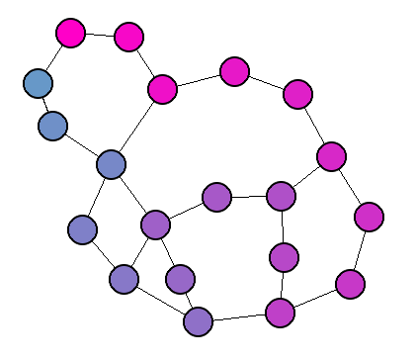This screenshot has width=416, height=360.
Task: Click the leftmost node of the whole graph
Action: point(38,82)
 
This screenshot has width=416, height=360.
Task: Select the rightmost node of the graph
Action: point(369,216)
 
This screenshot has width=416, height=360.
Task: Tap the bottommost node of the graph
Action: point(199,321)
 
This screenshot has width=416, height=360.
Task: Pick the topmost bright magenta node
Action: point(70,33)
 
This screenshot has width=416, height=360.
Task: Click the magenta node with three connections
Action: point(162,89)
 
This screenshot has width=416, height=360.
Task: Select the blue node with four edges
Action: point(111,164)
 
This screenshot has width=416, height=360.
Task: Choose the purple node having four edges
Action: point(155,225)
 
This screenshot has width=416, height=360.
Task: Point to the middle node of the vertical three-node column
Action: point(284,257)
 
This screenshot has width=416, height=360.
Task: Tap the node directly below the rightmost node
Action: point(350,284)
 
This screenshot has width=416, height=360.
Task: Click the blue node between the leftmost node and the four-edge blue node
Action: point(52,126)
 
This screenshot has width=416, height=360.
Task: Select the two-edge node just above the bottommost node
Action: point(179,279)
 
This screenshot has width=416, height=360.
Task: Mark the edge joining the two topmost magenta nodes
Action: point(99,35)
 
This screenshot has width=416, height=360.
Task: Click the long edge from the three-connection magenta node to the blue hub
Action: point(136,127)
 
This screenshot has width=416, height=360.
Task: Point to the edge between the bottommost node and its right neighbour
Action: point(239,317)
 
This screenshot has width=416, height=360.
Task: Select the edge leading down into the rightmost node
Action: point(350,186)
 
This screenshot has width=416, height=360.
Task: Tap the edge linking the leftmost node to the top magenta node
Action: point(53,57)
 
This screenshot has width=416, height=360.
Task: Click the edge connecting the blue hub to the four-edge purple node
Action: point(132,194)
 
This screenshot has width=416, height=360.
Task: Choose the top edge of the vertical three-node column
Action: point(283,226)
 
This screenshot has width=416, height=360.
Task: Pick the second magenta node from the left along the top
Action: point(128,37)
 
